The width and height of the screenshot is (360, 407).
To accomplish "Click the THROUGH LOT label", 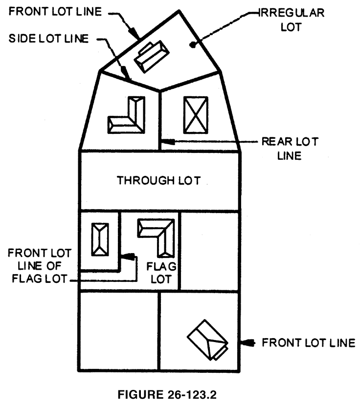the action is click(158, 180).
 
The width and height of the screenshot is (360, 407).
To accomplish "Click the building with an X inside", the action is click(195, 114).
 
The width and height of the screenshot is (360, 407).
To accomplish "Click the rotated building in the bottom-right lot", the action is click(207, 341).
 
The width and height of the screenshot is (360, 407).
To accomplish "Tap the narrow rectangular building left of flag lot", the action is click(100, 239).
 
